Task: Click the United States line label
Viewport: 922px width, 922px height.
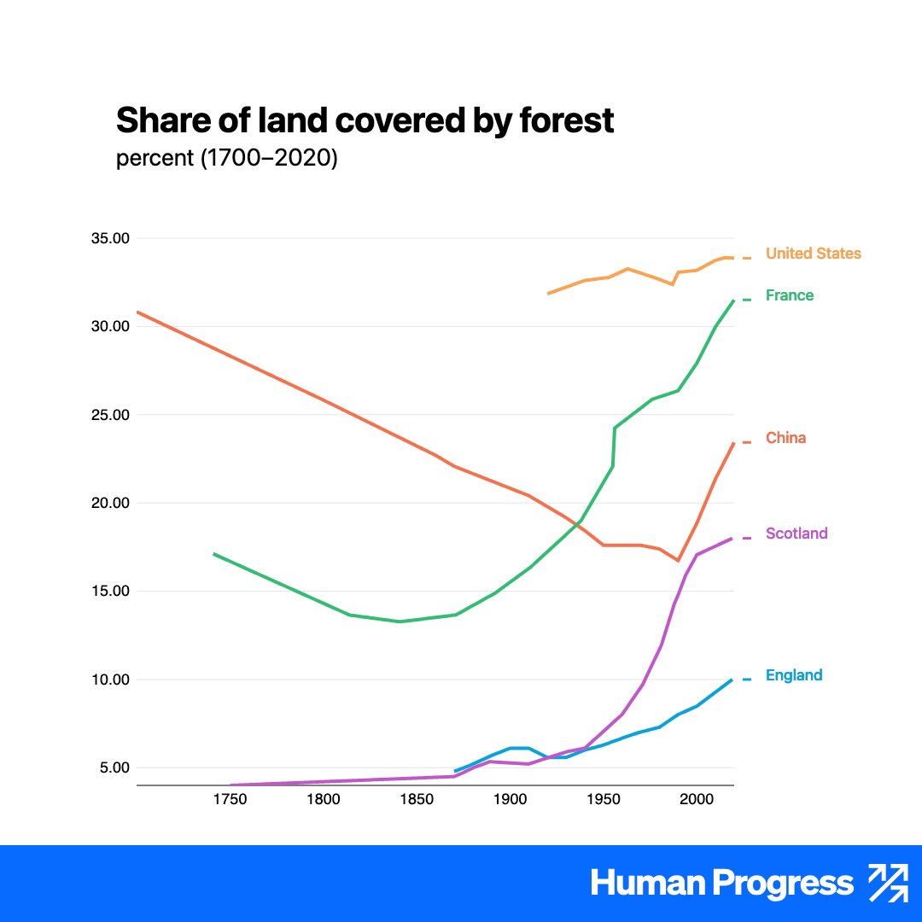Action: point(813,254)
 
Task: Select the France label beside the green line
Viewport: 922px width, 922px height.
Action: point(790,295)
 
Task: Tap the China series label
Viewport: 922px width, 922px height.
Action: point(785,438)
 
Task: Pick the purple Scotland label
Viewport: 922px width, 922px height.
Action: point(797,534)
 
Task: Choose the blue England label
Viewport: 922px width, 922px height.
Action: point(794,675)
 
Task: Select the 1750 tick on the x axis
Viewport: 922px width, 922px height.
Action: point(229,800)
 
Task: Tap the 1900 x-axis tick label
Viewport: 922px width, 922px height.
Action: point(510,800)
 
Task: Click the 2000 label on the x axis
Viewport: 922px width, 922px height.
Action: point(697,800)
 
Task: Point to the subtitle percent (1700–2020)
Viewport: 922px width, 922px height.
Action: point(226,160)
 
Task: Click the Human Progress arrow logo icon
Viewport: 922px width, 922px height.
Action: point(887,883)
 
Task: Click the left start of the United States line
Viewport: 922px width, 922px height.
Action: point(548,294)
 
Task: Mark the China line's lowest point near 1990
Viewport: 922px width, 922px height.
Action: point(678,560)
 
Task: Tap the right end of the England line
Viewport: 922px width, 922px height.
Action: point(732,680)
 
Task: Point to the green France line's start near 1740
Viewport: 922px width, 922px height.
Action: point(213,554)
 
